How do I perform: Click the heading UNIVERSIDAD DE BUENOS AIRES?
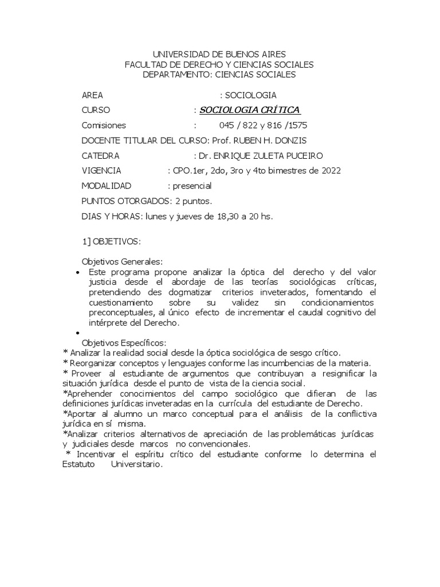(x=219, y=54)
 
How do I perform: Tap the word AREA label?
(x=93, y=95)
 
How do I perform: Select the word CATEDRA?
(x=101, y=155)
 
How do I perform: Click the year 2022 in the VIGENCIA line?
(x=331, y=170)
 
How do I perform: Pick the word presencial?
(x=192, y=186)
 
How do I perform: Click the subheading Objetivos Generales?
(x=122, y=261)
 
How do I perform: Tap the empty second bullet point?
(x=77, y=333)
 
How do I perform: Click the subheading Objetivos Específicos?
(x=123, y=342)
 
